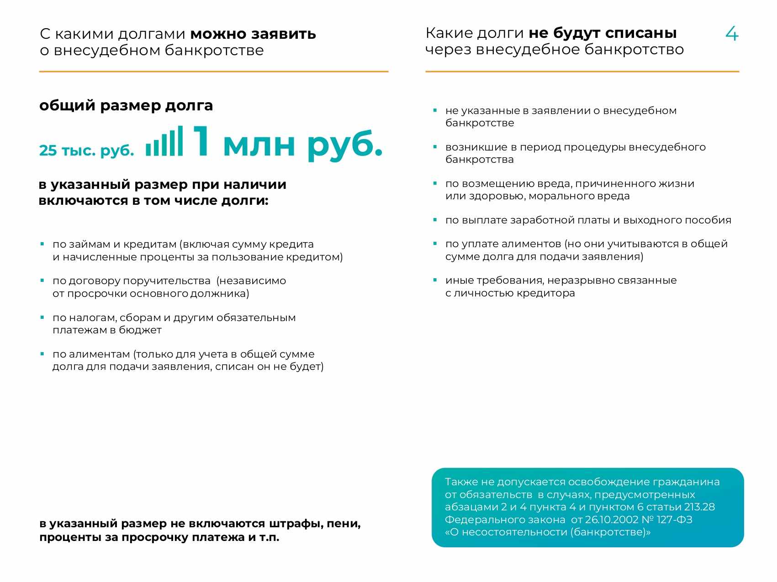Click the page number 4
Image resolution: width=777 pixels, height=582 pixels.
point(732,34)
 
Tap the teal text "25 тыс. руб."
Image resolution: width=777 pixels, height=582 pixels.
point(86,150)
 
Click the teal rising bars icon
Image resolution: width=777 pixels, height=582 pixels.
point(164,141)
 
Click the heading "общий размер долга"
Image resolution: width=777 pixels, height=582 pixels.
point(126,105)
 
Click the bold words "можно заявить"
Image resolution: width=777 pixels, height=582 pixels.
point(253,34)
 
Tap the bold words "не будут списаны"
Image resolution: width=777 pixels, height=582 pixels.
point(603,33)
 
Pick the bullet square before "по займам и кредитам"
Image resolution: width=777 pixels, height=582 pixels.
point(42,244)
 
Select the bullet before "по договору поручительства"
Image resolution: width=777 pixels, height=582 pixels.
point(42,281)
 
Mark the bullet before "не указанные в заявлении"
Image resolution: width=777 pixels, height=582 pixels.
point(435,110)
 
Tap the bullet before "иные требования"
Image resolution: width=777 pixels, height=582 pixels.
point(435,280)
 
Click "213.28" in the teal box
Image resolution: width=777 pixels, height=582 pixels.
point(699,507)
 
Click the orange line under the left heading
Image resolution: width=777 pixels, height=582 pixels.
point(214,72)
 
